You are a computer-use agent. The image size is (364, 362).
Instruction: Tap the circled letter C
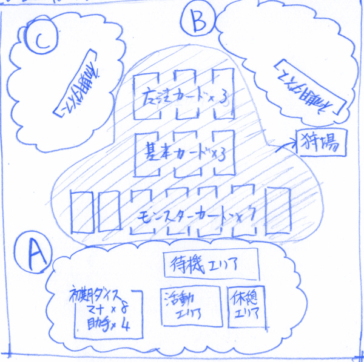[x=41, y=40]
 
